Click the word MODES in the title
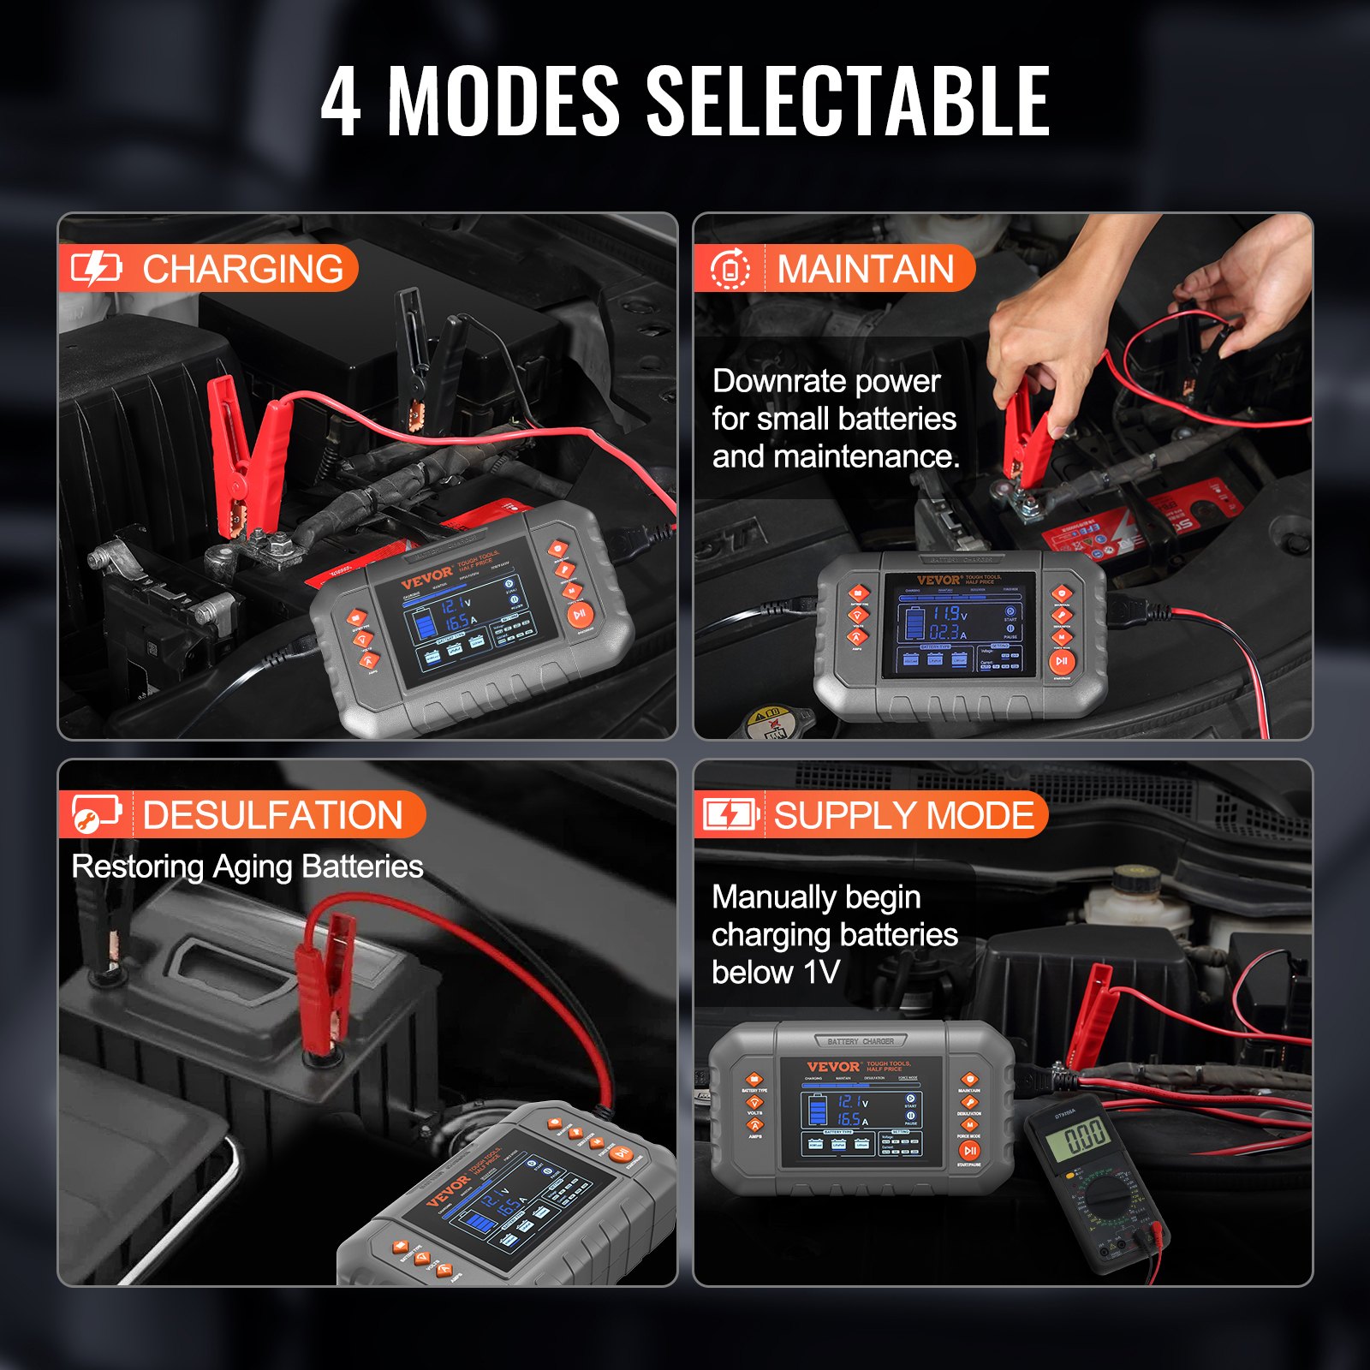[503, 101]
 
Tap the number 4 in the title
[341, 101]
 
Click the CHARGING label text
[243, 269]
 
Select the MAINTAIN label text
[865, 269]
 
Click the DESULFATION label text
[272, 814]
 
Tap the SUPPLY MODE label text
[904, 814]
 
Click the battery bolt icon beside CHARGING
[95, 268]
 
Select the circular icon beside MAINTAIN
[730, 269]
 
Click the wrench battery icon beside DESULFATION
[95, 813]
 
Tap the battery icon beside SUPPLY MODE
[730, 814]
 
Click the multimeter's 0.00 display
[1085, 1138]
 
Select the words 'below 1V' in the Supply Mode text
[775, 973]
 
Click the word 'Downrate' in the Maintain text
[762, 381]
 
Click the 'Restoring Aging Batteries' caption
[247, 867]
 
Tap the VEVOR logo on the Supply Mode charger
[832, 1067]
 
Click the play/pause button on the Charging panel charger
[579, 613]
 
